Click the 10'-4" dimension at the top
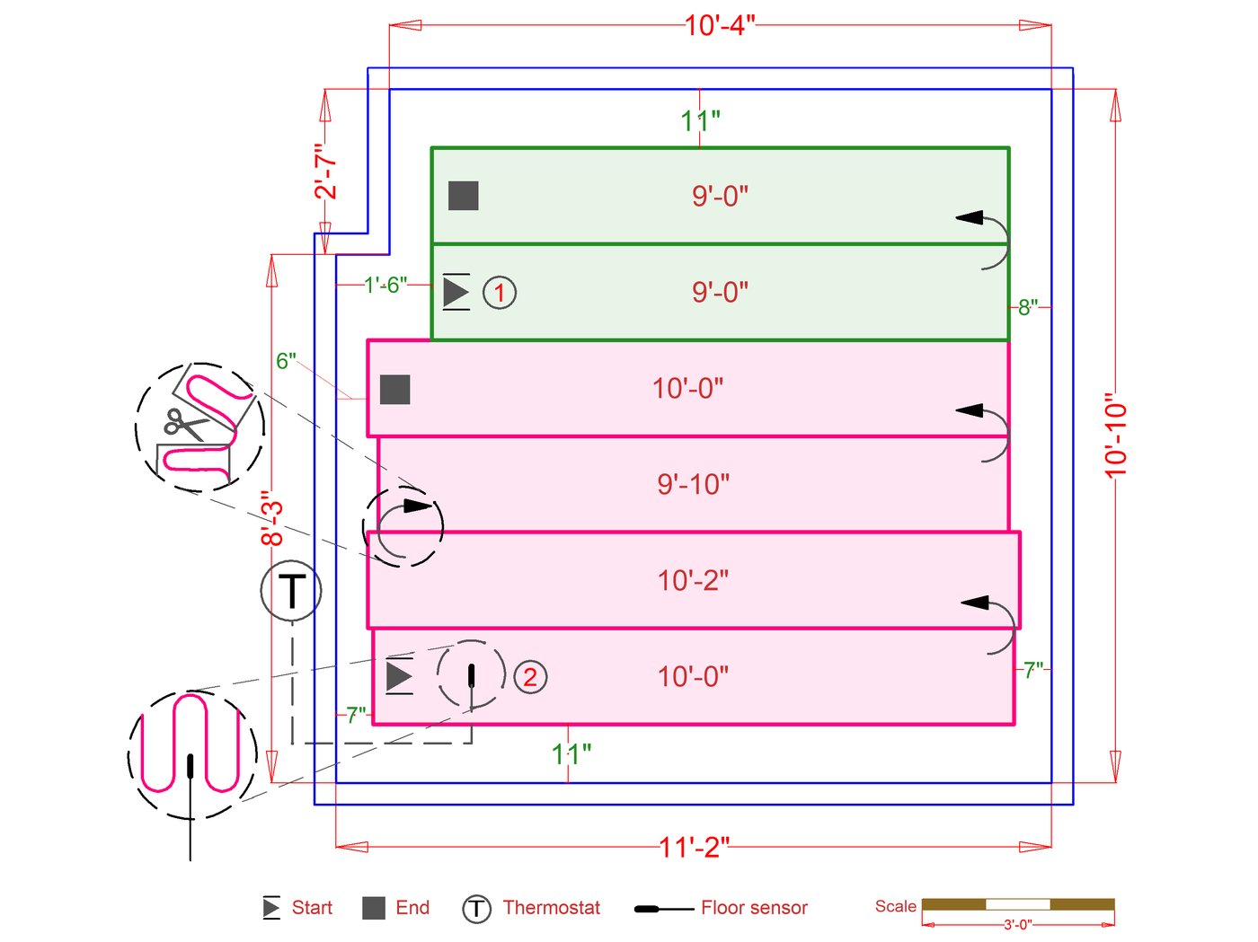click(720, 25)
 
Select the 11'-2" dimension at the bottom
click(694, 847)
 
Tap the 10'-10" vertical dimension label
click(1115, 436)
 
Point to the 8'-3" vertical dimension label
click(271, 518)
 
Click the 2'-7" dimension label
click(325, 171)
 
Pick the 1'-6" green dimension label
click(385, 285)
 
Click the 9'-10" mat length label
click(693, 485)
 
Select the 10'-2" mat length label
click(693, 581)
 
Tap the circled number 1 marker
click(500, 293)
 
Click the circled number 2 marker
click(530, 677)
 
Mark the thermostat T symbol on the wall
click(291, 591)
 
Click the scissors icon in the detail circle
click(185, 423)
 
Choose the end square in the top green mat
click(464, 196)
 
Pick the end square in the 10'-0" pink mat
click(395, 390)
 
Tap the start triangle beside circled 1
click(456, 292)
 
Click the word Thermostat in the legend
click(551, 908)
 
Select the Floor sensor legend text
click(754, 908)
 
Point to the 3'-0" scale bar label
click(1017, 924)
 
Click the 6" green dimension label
click(286, 361)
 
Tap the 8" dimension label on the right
click(1028, 307)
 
